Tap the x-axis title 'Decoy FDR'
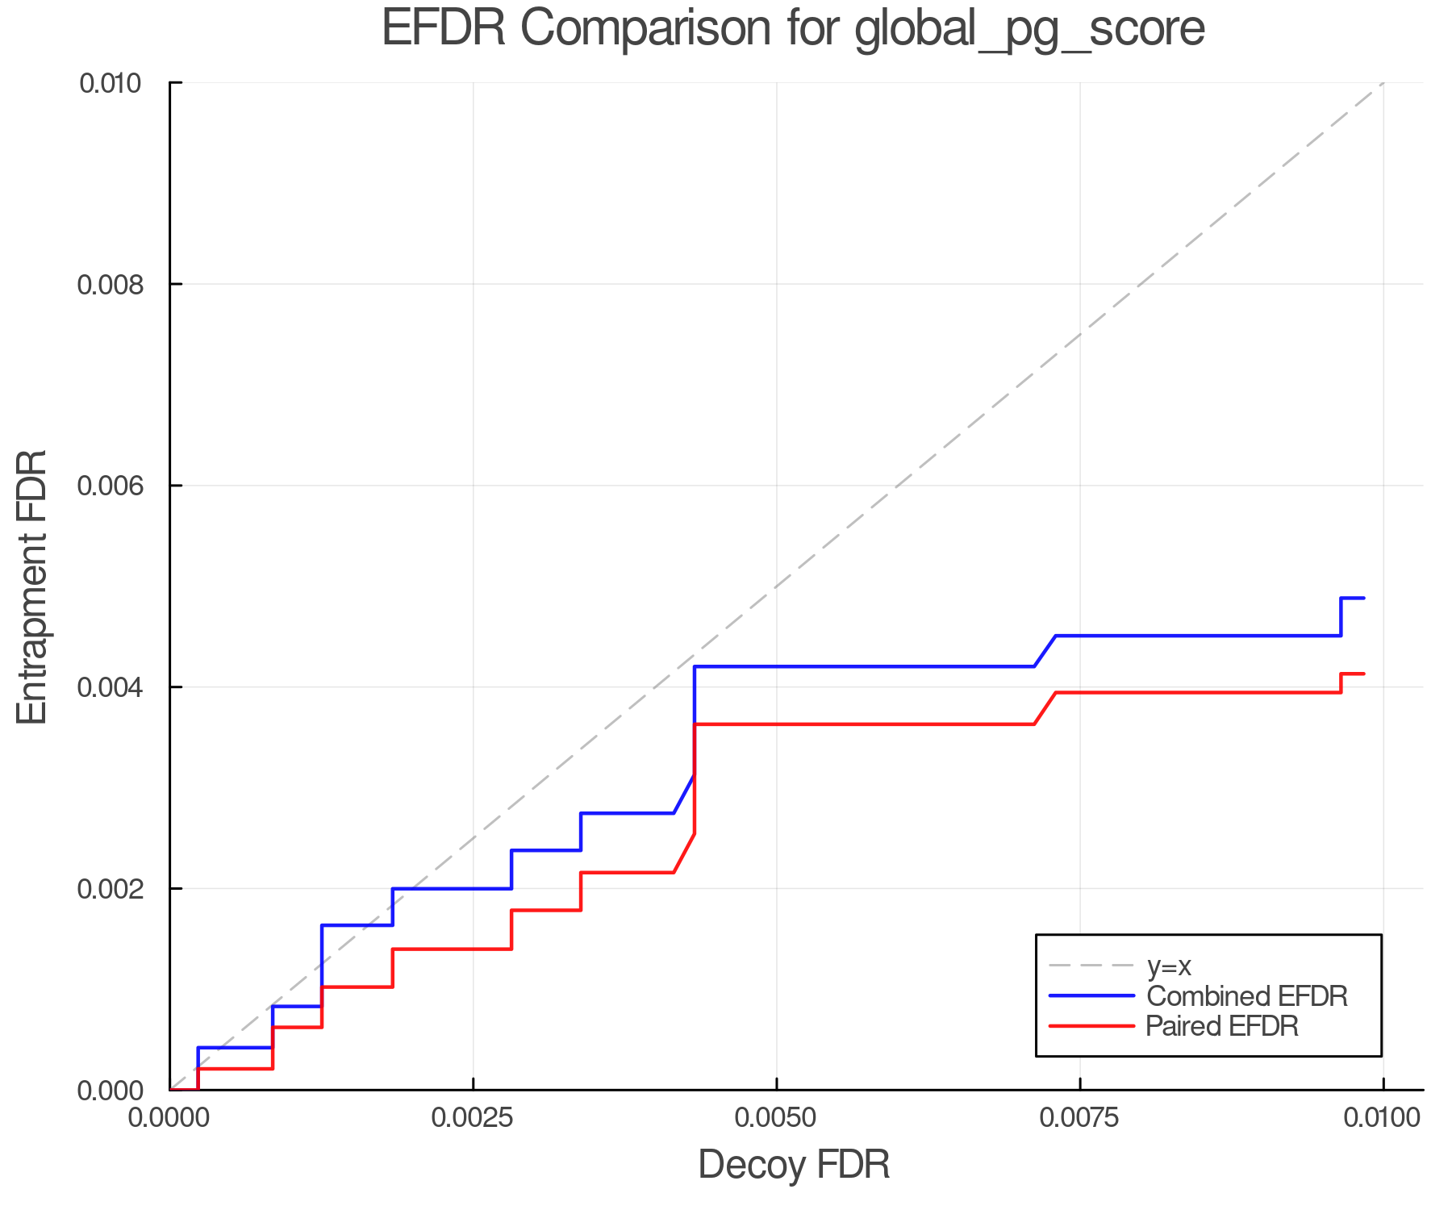coord(794,1164)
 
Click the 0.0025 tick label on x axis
coord(473,1117)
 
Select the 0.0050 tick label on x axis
coord(776,1117)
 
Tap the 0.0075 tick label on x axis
coord(1079,1117)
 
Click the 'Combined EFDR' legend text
coord(1246,996)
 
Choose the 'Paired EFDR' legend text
coord(1221,1026)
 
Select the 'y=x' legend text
coord(1169,966)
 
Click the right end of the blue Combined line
coord(1363,598)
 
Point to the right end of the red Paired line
coord(1363,674)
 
